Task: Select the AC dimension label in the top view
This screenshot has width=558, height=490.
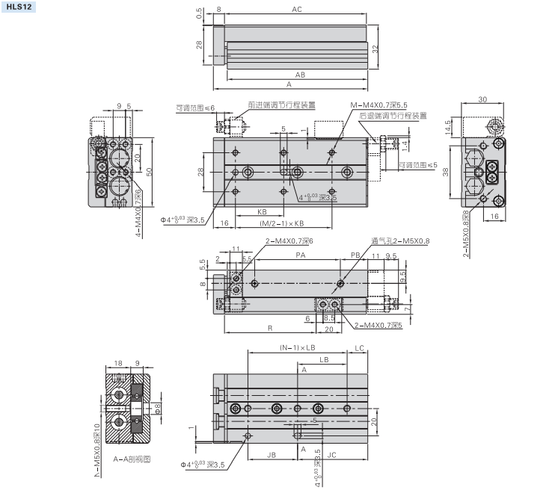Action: (297, 10)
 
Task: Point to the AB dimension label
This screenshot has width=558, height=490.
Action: (300, 75)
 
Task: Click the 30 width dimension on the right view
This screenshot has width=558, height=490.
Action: (482, 99)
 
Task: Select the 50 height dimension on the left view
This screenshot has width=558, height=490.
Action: (150, 171)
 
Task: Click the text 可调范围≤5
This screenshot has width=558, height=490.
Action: (417, 165)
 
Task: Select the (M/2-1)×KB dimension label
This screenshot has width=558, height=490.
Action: (282, 223)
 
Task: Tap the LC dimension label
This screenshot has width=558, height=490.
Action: (360, 348)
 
